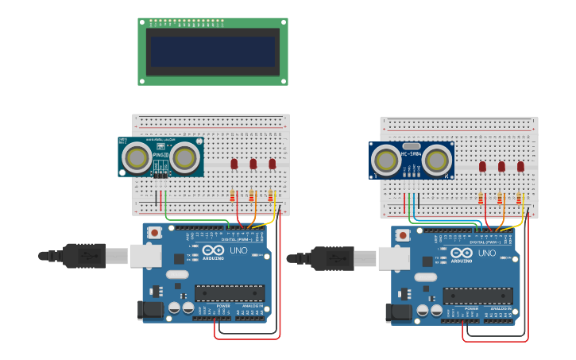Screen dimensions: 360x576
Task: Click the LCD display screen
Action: click(213, 52)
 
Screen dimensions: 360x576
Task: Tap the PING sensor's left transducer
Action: click(137, 157)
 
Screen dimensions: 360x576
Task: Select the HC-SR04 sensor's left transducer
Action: click(386, 161)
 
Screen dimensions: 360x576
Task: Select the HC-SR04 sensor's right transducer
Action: click(435, 161)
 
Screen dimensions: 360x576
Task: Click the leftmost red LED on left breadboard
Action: click(234, 164)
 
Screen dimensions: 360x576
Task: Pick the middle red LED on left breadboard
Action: click(253, 164)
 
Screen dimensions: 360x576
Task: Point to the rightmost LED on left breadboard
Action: click(273, 164)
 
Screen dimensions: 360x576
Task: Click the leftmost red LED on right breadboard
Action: click(482, 167)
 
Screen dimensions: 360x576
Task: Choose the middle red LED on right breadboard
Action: click(501, 167)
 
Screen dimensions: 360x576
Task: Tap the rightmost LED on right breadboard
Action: click(520, 167)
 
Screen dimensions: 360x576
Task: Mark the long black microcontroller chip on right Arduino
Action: click(477, 296)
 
